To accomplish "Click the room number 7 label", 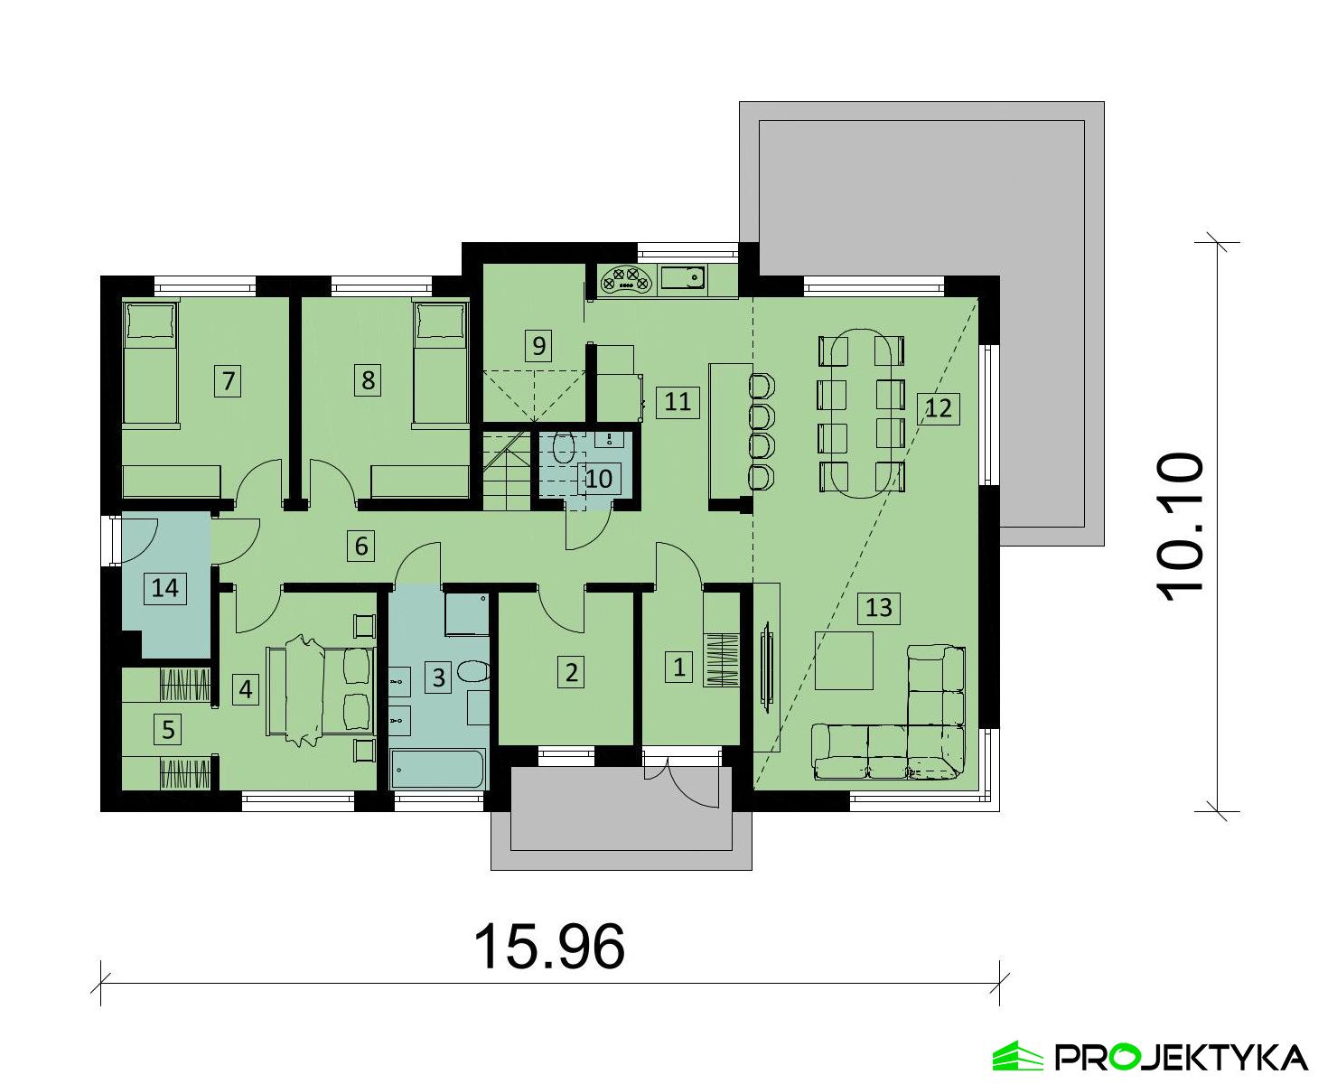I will (x=229, y=380).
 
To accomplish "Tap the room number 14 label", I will (x=164, y=589).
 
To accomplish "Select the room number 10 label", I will (x=598, y=478).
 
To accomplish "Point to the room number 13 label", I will (x=878, y=607).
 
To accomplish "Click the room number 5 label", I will (x=168, y=728).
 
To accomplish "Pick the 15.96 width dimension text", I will (x=548, y=947).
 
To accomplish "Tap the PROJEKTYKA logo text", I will (x=1181, y=1056).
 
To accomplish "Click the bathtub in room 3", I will (x=438, y=771).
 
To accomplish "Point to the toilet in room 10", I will (x=565, y=447).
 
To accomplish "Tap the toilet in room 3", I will (x=472, y=672).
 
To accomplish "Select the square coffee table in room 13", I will (x=844, y=660).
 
